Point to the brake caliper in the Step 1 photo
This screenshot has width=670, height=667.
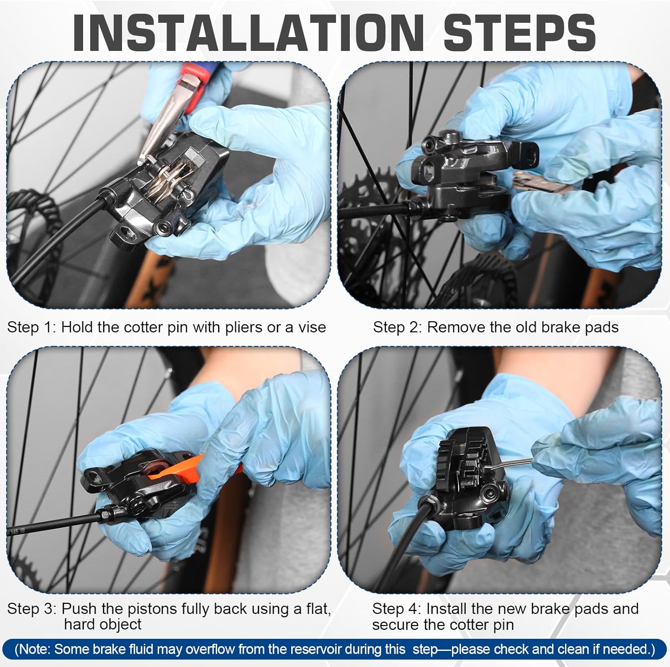(170, 192)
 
